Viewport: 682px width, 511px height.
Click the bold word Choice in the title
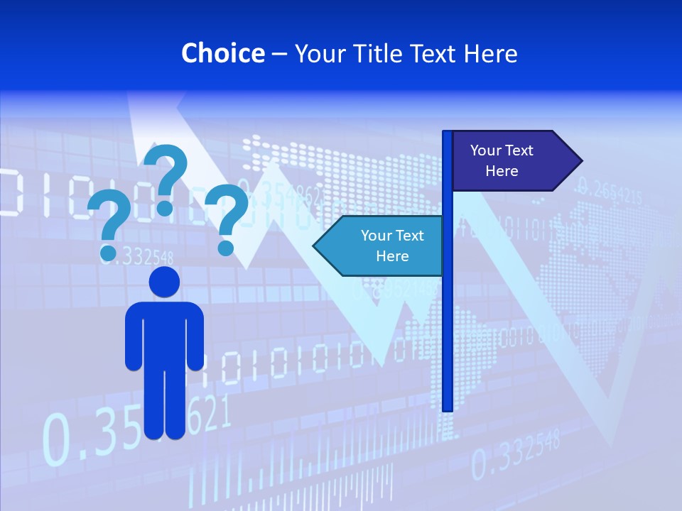[222, 53]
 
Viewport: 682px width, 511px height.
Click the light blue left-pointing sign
[384, 246]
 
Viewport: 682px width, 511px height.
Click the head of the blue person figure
[164, 282]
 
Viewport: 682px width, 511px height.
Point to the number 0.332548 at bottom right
[516, 454]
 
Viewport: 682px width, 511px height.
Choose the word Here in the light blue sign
[392, 256]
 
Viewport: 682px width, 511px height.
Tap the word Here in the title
[490, 53]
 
